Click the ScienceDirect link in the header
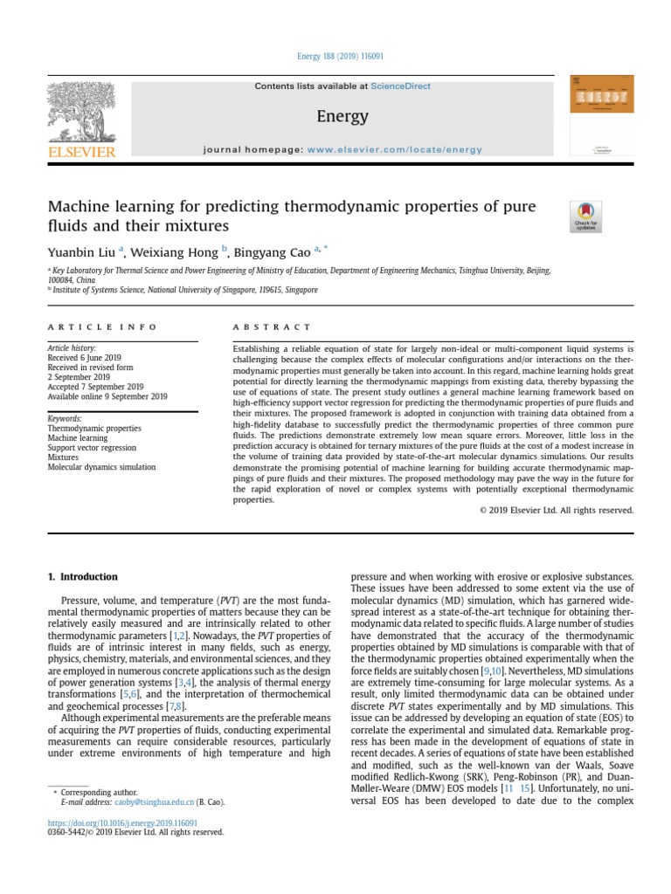[401, 86]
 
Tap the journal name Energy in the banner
[342, 117]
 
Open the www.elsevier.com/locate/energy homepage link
[394, 149]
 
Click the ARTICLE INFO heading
[102, 327]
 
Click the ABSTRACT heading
[271, 327]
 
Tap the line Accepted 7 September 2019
[95, 387]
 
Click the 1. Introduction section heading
[81, 577]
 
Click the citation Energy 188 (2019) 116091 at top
[335, 56]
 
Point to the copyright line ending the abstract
[557, 510]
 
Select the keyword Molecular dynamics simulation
[101, 467]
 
